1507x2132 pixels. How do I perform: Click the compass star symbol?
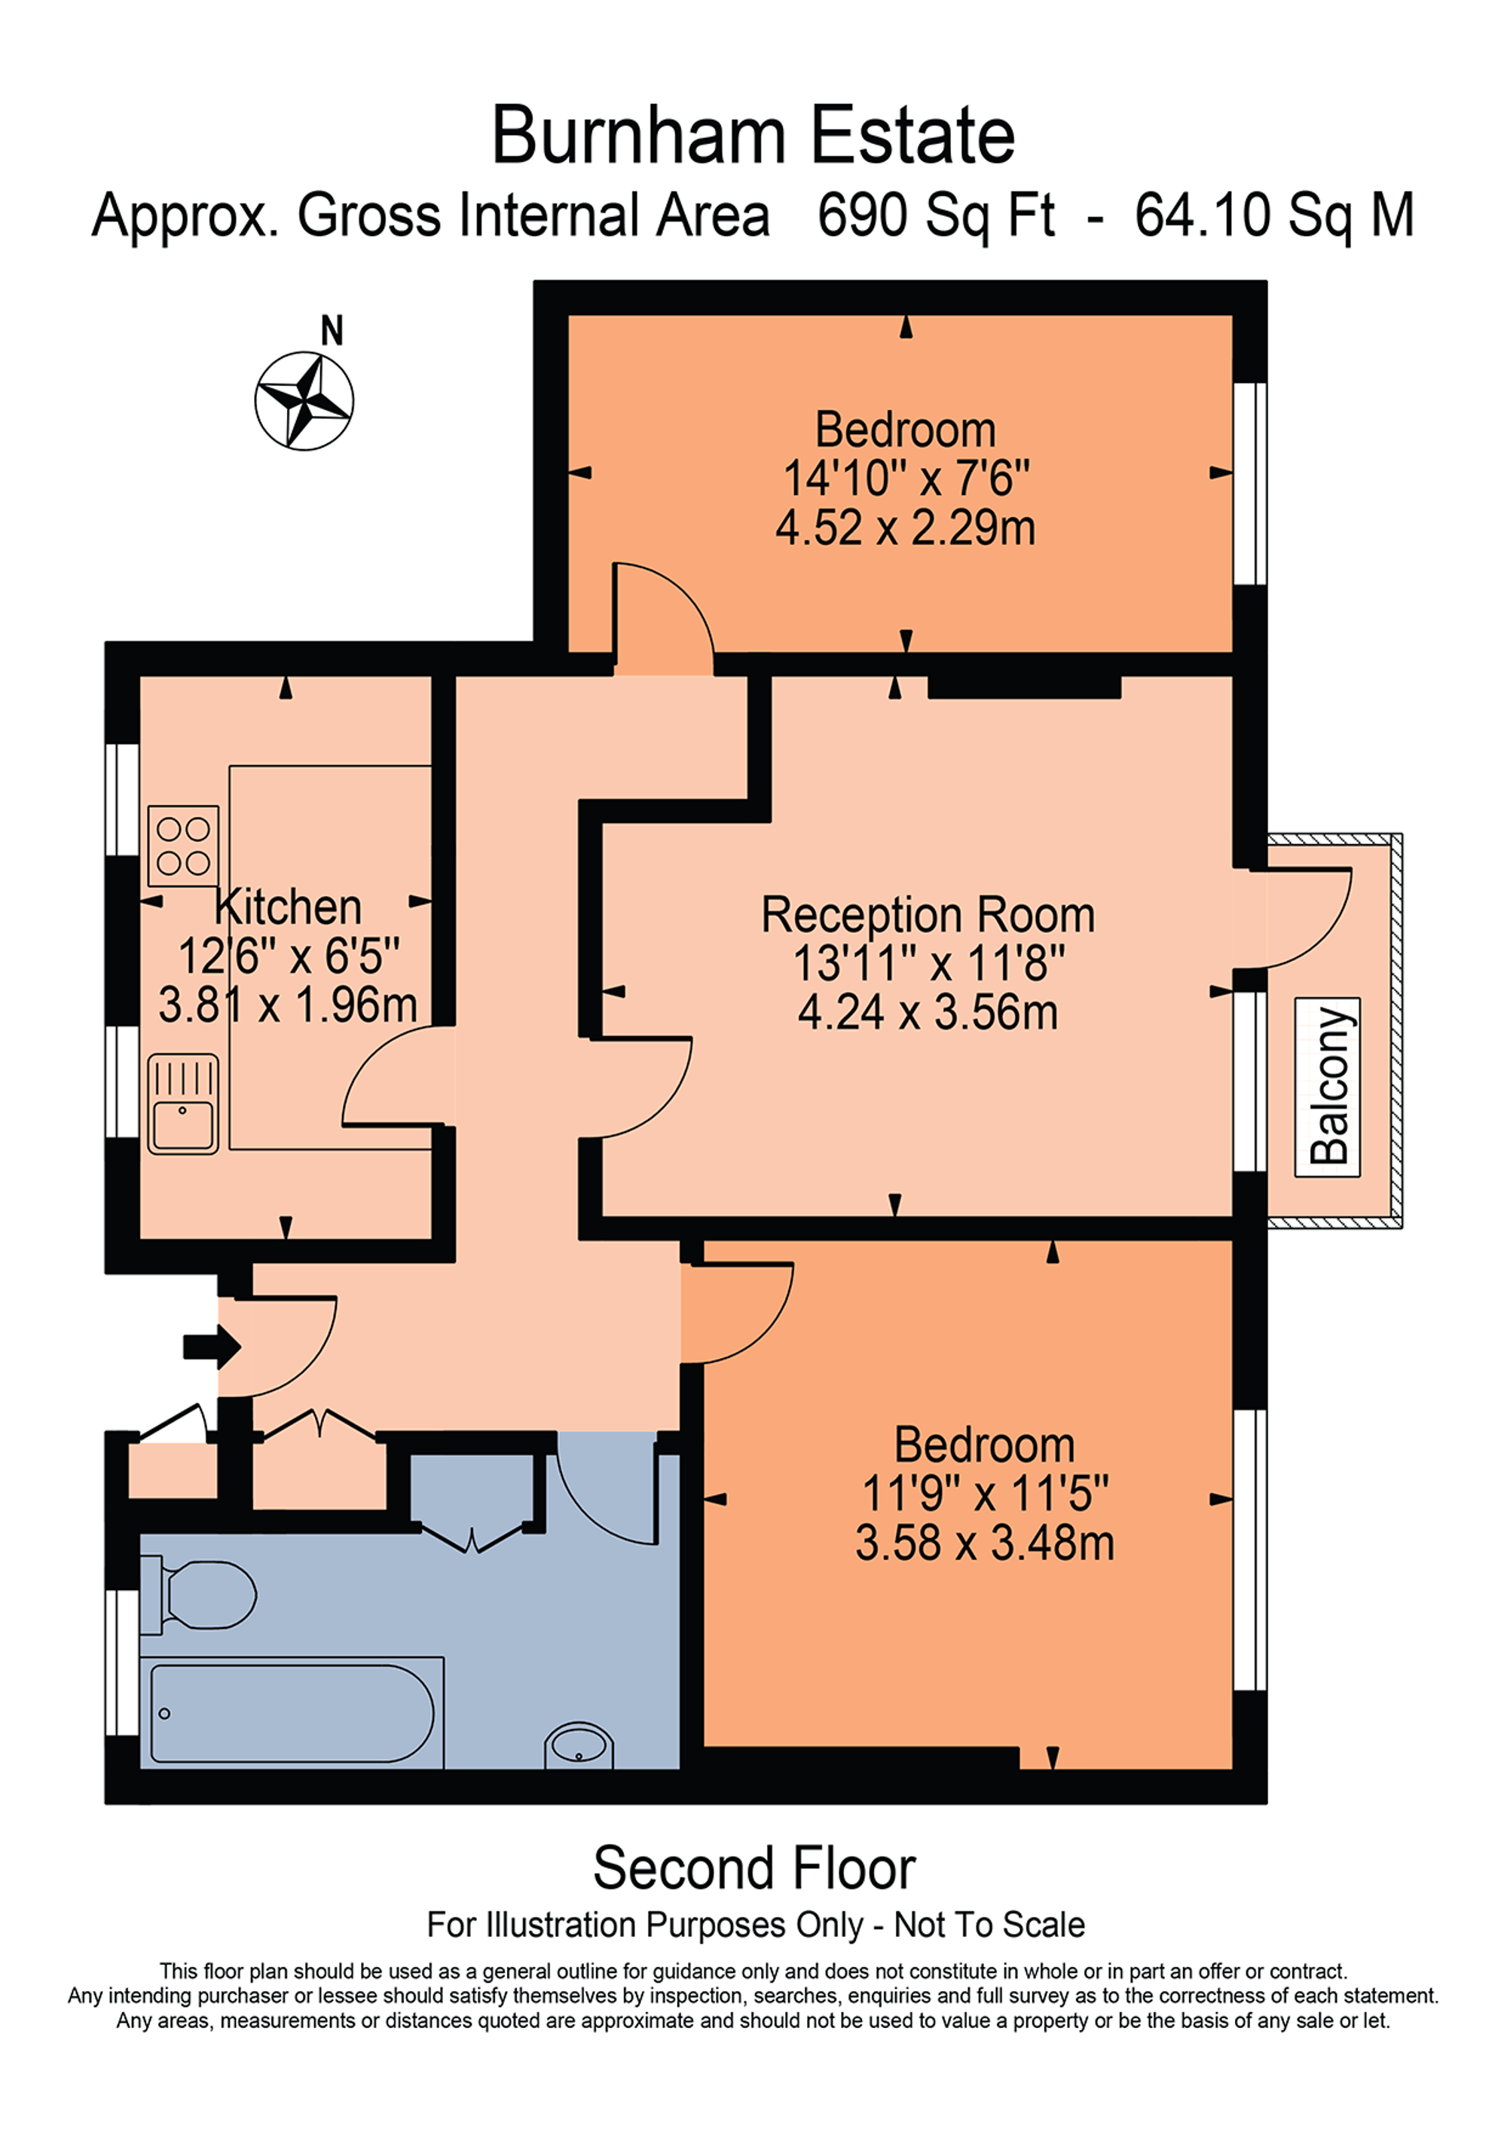pyautogui.click(x=304, y=401)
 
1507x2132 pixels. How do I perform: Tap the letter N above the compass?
pyautogui.click(x=332, y=331)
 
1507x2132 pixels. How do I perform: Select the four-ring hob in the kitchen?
pyautogui.click(x=183, y=845)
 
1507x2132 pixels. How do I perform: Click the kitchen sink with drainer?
pyautogui.click(x=183, y=1104)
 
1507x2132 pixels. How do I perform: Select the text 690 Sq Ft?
pyautogui.click(x=935, y=216)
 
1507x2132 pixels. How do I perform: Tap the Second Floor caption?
pyautogui.click(x=754, y=1867)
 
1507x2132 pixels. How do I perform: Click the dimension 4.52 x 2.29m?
pyautogui.click(x=905, y=528)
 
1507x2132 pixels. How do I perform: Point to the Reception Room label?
pyautogui.click(x=928, y=915)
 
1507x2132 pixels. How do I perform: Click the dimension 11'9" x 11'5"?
pyautogui.click(x=984, y=1494)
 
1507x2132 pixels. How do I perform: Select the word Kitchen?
pyautogui.click(x=288, y=907)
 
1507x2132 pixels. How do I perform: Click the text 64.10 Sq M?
pyautogui.click(x=1274, y=216)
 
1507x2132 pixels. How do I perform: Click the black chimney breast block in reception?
pyautogui.click(x=1024, y=687)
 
